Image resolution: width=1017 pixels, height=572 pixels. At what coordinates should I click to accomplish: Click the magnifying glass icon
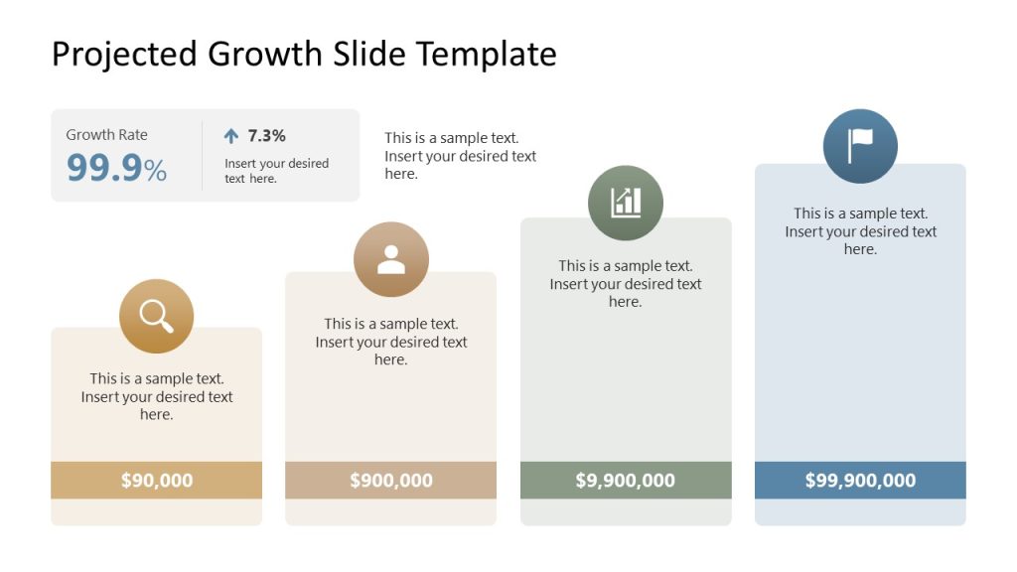(x=156, y=316)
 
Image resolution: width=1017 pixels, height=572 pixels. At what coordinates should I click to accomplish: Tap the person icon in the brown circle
(x=391, y=259)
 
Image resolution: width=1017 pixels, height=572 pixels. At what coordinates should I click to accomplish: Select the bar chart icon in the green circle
(x=626, y=203)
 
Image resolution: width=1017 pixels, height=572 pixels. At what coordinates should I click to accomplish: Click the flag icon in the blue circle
(x=860, y=146)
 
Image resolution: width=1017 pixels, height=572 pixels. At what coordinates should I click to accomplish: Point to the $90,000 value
(x=157, y=481)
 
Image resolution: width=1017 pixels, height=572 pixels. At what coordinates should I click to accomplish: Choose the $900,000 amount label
(x=391, y=481)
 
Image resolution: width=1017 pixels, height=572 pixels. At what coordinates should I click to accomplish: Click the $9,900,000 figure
(x=626, y=481)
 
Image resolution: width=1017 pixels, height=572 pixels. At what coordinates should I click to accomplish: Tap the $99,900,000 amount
(x=860, y=481)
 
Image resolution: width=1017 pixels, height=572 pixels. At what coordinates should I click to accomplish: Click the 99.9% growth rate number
(x=116, y=169)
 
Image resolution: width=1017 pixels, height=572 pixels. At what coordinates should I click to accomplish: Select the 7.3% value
(x=266, y=136)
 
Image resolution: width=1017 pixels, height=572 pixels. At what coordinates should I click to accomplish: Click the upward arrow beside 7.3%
(x=231, y=136)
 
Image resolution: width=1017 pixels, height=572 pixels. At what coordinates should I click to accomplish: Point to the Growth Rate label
(x=106, y=135)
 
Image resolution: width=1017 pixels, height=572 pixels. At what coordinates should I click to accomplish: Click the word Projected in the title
(x=124, y=54)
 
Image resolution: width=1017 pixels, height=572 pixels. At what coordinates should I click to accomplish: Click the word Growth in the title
(x=265, y=54)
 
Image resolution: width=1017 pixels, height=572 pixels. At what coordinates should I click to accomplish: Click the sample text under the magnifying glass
(x=157, y=396)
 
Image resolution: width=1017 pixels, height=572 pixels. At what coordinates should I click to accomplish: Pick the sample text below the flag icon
(x=860, y=231)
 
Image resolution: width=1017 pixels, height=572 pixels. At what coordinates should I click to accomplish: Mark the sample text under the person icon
(x=391, y=342)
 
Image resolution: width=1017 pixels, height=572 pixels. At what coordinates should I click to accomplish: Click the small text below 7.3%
(x=276, y=171)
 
